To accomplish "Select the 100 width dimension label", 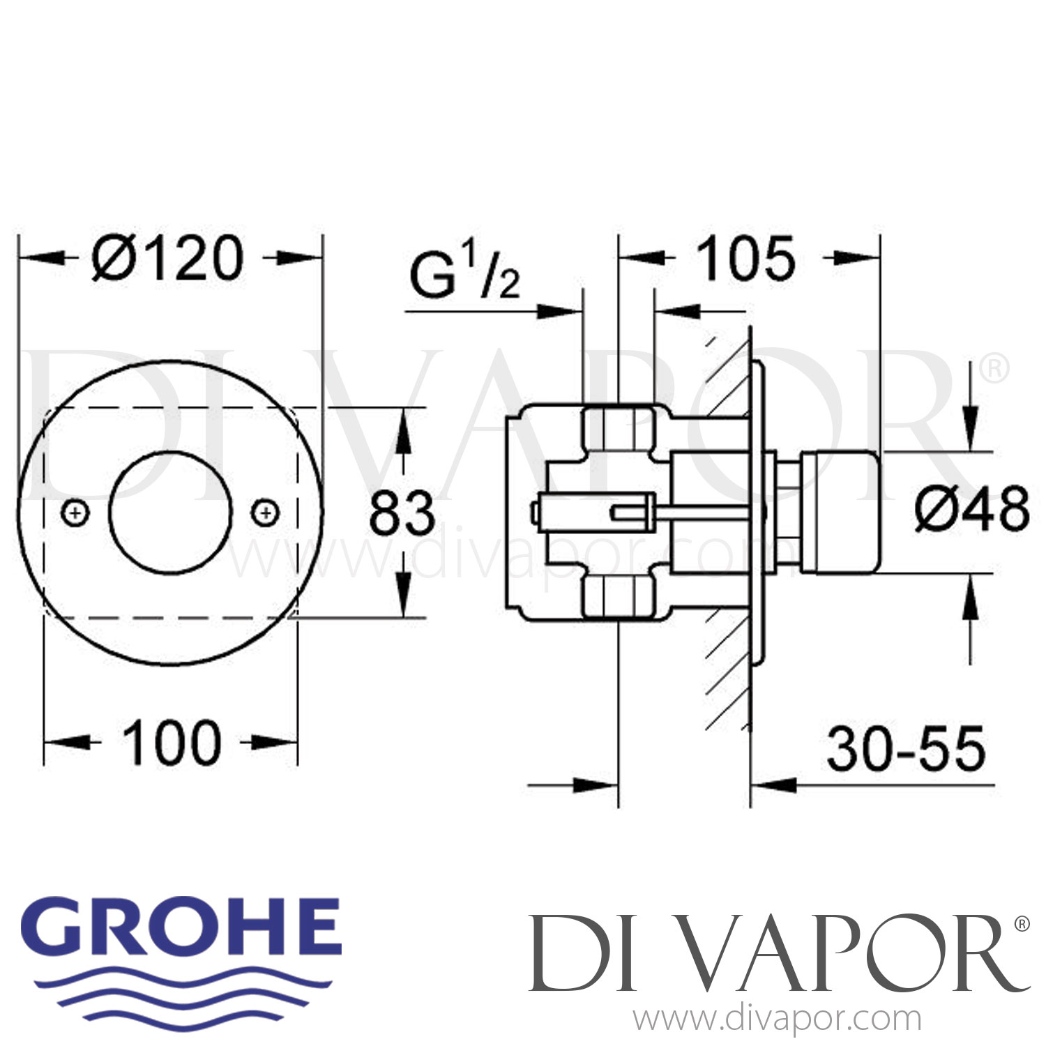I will [x=172, y=743].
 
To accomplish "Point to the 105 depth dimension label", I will [x=745, y=259].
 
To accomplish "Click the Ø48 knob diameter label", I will [x=972, y=509].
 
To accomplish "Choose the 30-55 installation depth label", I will [x=906, y=750].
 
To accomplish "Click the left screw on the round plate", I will [x=76, y=513].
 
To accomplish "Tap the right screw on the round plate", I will [x=266, y=513].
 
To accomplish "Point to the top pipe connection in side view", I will [x=619, y=430].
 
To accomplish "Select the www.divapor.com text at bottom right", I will [x=777, y=1020].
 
